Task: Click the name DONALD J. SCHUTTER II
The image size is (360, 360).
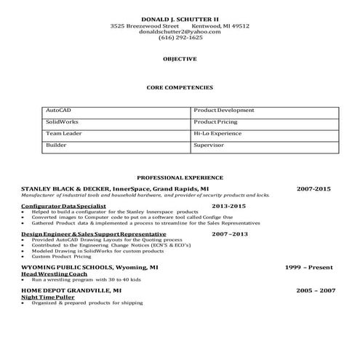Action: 180,17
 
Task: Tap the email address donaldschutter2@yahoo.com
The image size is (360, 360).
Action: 180,31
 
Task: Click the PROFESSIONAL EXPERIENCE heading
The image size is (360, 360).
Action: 180,177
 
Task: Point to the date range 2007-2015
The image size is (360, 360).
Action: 313,188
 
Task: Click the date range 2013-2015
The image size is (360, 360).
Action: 228,207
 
